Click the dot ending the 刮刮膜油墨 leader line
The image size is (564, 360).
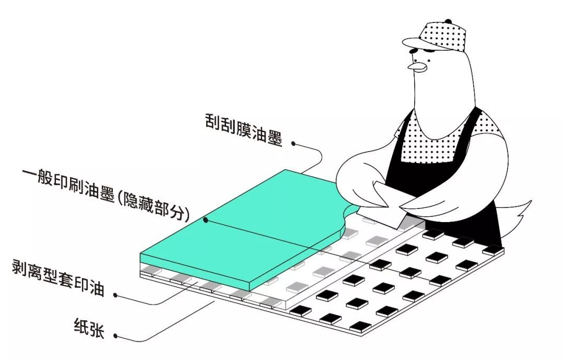pos(294,142)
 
